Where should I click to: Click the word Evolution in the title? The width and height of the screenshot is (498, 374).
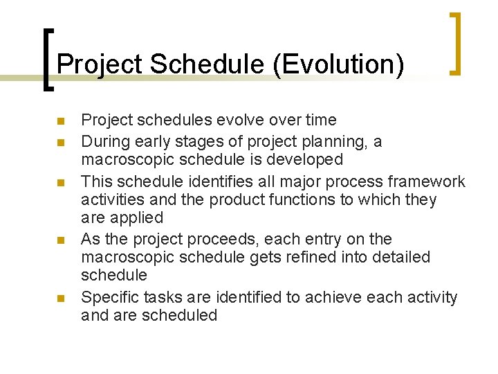(338, 64)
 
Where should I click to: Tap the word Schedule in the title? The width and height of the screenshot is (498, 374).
(207, 64)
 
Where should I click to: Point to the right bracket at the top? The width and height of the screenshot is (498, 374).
(456, 43)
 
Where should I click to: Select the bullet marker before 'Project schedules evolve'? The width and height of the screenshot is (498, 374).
(60, 122)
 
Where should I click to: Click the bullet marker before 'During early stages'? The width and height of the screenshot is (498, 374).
(60, 143)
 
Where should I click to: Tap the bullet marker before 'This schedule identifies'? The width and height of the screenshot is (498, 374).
(60, 183)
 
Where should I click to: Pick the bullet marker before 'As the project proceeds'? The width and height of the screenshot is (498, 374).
(60, 241)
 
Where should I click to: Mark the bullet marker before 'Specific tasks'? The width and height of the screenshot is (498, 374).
(60, 299)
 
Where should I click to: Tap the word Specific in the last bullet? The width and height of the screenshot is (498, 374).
(109, 298)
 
